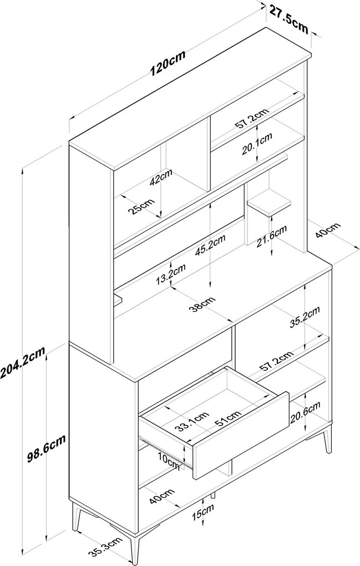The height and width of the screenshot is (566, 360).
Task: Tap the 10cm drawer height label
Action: point(169,461)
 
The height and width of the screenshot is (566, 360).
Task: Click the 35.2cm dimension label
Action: point(305,317)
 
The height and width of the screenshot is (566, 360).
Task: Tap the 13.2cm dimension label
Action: point(171,274)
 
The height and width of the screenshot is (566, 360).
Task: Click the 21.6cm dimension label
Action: point(272,236)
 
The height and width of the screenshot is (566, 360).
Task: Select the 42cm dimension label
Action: point(161,177)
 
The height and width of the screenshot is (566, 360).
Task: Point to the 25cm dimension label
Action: point(142,206)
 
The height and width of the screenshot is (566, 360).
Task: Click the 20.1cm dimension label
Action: point(257,144)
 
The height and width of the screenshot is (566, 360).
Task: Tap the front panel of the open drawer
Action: point(241,435)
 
